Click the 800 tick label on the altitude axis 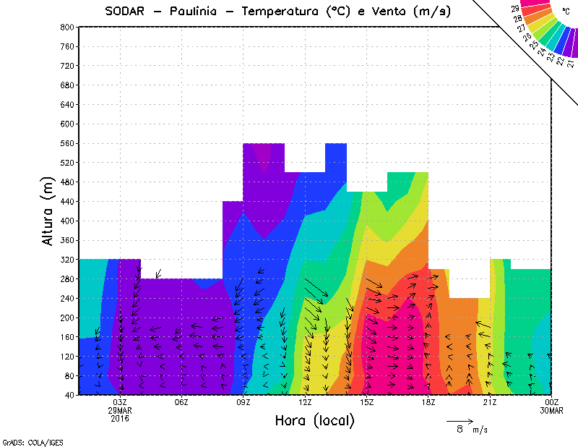click(x=66, y=27)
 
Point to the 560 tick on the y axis click(x=66, y=143)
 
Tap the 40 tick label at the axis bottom click(x=69, y=395)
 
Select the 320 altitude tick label click(x=66, y=259)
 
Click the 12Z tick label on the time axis click(x=305, y=402)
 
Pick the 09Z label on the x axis click(x=243, y=402)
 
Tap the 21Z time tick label click(x=490, y=402)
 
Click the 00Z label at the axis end click(x=552, y=402)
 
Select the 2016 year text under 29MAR click(x=120, y=418)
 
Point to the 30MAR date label click(x=552, y=410)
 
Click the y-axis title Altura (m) click(x=48, y=210)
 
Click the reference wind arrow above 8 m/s click(x=460, y=420)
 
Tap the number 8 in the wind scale click(x=460, y=430)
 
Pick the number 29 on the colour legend click(x=515, y=8)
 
